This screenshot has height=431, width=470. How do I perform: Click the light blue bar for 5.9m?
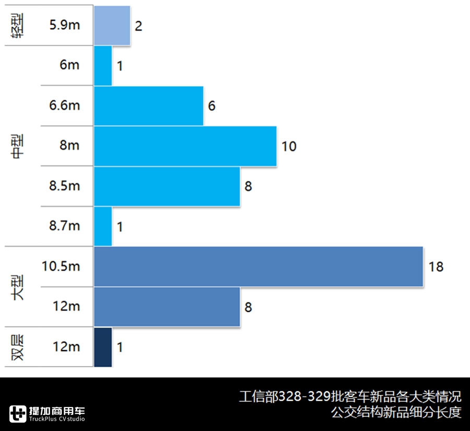click(112, 25)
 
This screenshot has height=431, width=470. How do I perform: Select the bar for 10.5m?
click(258, 266)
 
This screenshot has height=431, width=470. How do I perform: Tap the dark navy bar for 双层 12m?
click(103, 347)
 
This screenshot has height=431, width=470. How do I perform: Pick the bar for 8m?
click(185, 146)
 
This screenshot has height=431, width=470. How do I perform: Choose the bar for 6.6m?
click(148, 106)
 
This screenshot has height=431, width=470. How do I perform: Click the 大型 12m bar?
click(167, 307)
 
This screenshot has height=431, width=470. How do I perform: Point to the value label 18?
click(436, 267)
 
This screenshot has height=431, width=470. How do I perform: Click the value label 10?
click(289, 146)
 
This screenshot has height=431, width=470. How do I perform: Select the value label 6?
click(211, 106)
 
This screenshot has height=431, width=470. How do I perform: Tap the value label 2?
click(138, 26)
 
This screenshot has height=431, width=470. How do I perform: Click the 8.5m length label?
click(64, 185)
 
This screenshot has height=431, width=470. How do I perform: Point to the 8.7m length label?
click(64, 226)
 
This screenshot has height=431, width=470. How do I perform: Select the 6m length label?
click(69, 65)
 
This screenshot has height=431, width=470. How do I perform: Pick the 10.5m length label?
click(61, 266)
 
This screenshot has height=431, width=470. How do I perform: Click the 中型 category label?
click(19, 146)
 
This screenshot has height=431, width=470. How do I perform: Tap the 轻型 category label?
click(19, 25)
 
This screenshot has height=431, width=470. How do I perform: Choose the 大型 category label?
click(19, 286)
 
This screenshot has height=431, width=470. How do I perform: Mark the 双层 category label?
click(19, 347)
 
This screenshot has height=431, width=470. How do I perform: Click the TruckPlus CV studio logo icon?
click(18, 413)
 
